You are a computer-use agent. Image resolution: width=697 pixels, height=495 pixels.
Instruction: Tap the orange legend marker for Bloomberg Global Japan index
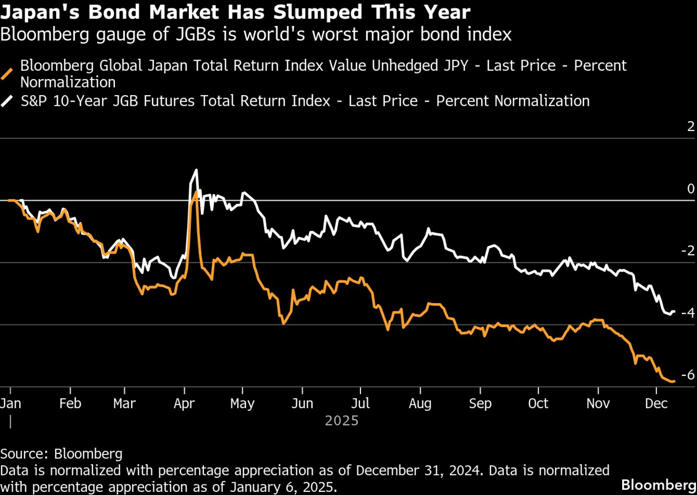pos(7,74)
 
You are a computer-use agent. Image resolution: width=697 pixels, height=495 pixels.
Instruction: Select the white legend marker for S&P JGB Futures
pos(7,101)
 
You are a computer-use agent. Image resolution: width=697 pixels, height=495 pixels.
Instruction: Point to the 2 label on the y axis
pos(690,126)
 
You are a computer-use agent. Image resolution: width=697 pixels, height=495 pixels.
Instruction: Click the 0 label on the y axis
pos(690,189)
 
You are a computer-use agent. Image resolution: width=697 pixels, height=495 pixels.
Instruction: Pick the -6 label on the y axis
pos(688,375)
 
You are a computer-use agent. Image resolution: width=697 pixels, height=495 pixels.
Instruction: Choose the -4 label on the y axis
pos(688,313)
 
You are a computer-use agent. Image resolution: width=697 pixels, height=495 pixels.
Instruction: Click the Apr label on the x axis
pos(184,403)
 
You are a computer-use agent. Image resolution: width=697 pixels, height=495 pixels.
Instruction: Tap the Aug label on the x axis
pos(420,403)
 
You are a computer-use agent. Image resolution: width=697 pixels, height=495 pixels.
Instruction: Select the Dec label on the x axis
pos(656,403)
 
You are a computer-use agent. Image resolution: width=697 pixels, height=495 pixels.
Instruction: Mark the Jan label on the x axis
pos(10,403)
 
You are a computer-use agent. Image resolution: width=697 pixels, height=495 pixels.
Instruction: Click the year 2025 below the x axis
pos(342,421)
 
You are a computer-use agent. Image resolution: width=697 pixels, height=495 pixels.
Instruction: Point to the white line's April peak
pos(196,170)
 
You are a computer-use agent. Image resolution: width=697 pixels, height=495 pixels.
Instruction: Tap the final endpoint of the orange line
pos(674,381)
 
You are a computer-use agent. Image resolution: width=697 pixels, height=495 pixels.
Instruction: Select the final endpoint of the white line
pos(674,311)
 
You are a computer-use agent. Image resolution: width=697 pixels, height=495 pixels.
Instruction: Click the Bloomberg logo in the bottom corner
pos(658,485)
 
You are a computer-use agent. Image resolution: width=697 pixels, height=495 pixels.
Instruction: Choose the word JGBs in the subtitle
pos(196,34)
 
